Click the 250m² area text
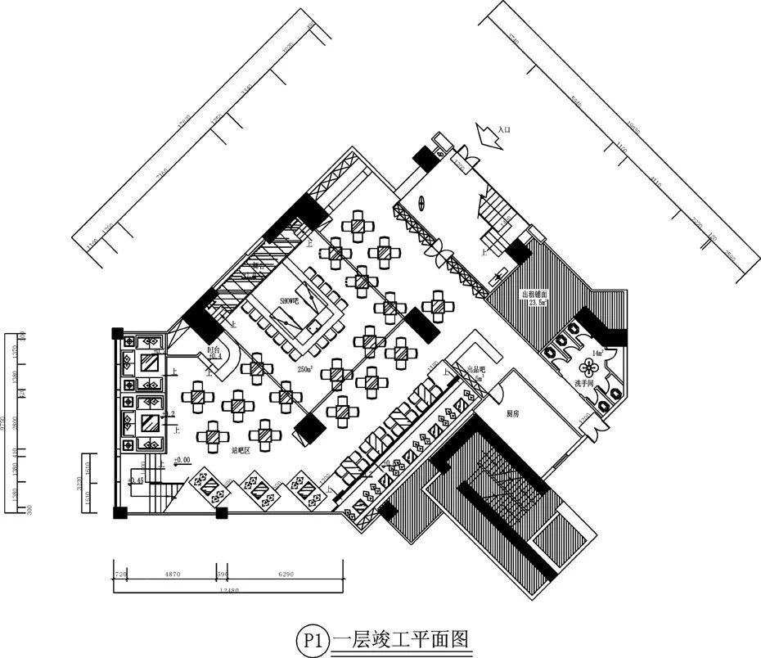tap(308, 369)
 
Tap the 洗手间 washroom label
tap(583, 383)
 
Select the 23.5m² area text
tap(540, 303)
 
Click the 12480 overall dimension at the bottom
tap(223, 590)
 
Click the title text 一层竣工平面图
tap(401, 638)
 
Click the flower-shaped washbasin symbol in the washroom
tap(585, 367)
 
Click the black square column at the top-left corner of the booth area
tap(118, 333)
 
